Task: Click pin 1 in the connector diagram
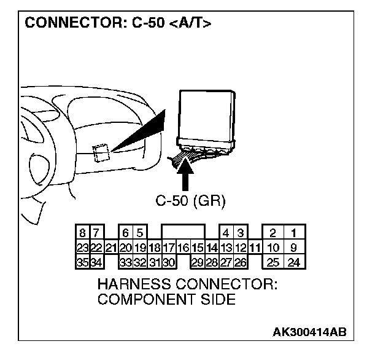[x=294, y=233]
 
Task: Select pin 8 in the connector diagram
[x=82, y=233]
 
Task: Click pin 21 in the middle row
[x=111, y=248]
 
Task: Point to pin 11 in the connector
[x=255, y=248]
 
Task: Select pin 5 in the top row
[x=140, y=233]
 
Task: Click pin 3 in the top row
[x=241, y=233]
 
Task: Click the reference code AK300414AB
[x=309, y=332]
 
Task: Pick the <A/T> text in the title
[x=191, y=25]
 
